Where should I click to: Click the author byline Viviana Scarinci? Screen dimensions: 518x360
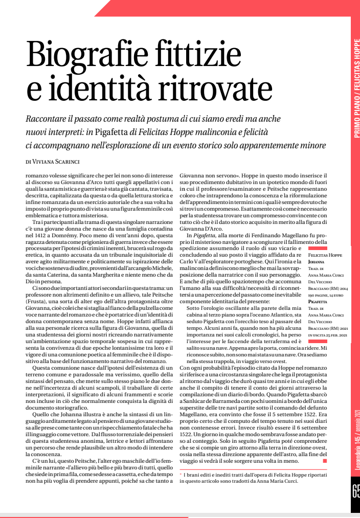point(60,161)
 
